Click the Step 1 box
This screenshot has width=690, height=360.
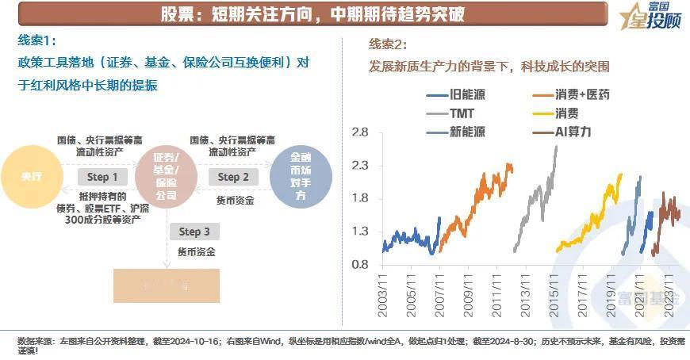point(103,177)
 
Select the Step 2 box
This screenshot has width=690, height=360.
point(233,177)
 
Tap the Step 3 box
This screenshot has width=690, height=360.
point(194,232)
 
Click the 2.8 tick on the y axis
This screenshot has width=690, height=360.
point(361,132)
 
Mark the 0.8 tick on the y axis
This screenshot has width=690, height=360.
point(361,265)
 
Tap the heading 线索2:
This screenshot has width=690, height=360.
point(389,44)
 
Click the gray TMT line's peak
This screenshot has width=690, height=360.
point(555,147)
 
